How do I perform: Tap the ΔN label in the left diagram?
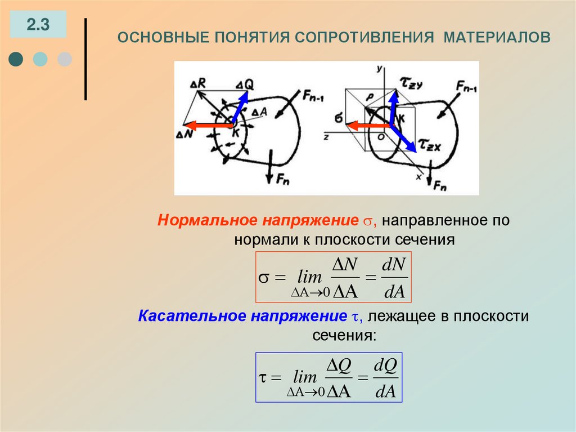[184, 135]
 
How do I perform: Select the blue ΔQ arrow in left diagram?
[238, 106]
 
